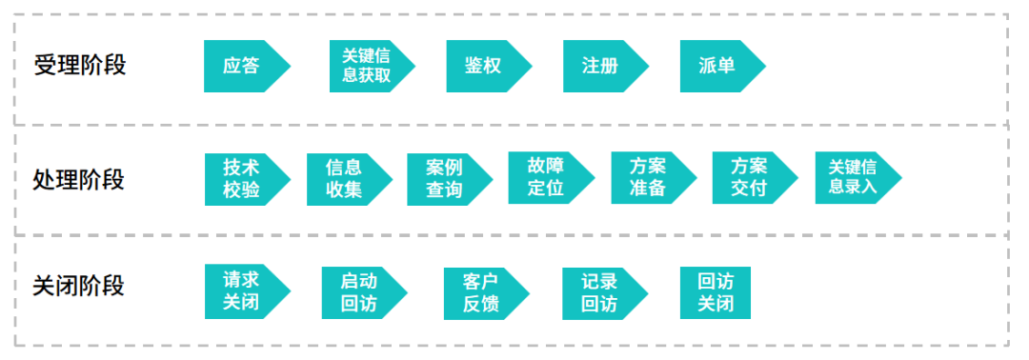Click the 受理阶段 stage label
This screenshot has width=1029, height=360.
pyautogui.click(x=79, y=66)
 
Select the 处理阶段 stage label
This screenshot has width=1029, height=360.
pyautogui.click(x=79, y=179)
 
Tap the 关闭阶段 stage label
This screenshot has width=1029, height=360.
pyautogui.click(x=79, y=286)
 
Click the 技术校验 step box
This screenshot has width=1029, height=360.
pyautogui.click(x=243, y=178)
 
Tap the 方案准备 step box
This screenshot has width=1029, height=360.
pyautogui.click(x=649, y=177)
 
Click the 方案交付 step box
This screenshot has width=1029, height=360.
pyautogui.click(x=750, y=177)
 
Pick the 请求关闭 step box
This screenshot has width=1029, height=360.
pyautogui.click(x=243, y=290)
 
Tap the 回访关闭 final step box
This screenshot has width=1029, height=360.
pyautogui.click(x=715, y=292)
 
